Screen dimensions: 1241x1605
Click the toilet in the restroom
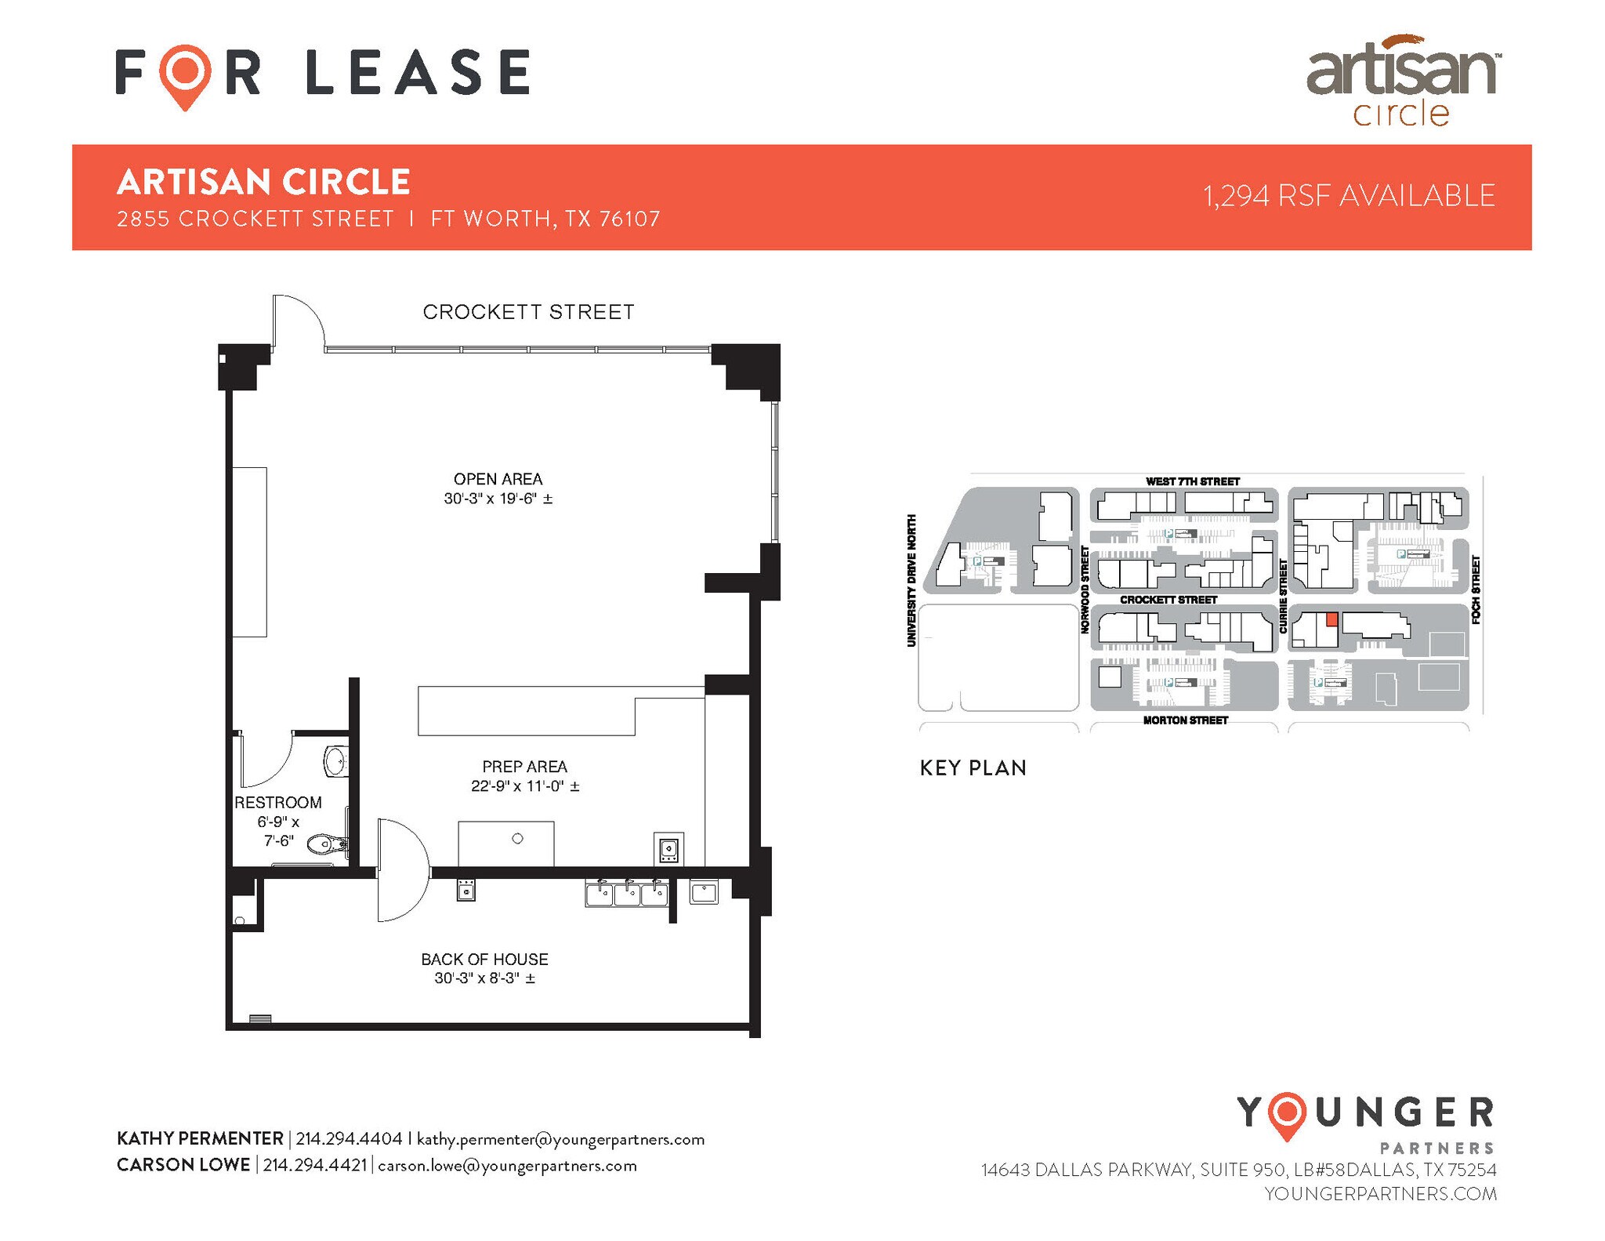[325, 844]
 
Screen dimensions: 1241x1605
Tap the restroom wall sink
[336, 760]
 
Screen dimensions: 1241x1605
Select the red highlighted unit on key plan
[1331, 619]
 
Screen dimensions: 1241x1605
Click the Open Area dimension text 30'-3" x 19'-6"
[498, 499]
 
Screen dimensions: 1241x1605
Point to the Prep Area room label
[524, 767]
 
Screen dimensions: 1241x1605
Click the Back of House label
[484, 959]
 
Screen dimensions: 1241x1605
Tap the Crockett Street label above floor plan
[528, 312]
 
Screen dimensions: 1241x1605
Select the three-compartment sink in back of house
[626, 894]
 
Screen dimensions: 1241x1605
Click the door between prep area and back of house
[401, 870]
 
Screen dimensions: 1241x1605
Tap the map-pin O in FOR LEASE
[185, 73]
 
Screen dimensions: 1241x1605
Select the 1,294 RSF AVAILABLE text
[1349, 196]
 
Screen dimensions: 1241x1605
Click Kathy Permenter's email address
[560, 1139]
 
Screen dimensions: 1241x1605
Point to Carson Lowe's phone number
[314, 1165]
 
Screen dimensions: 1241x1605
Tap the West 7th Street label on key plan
[1192, 481]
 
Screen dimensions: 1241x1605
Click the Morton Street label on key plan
[1185, 720]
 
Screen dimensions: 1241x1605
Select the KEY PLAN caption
[973, 767]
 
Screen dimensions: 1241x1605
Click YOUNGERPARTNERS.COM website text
[1380, 1193]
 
